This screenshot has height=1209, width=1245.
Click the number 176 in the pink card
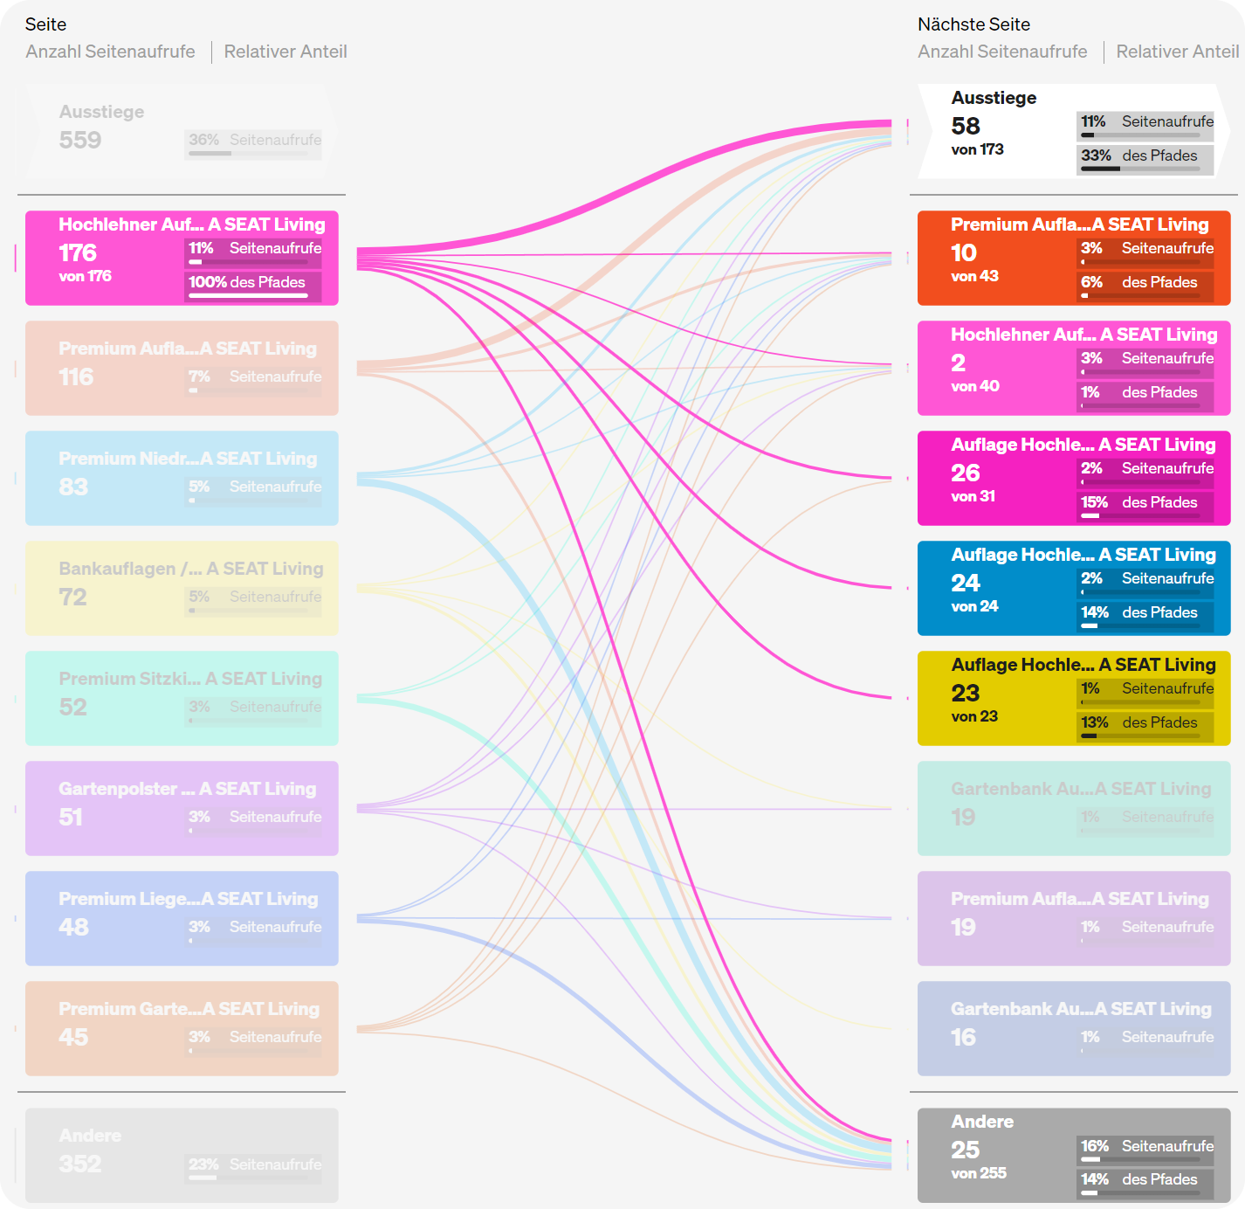(x=78, y=253)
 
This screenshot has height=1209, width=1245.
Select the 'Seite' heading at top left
(x=45, y=24)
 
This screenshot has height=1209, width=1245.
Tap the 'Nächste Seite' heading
(x=973, y=24)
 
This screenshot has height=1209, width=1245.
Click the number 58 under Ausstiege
(x=966, y=127)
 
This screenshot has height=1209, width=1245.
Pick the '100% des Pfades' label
(x=247, y=282)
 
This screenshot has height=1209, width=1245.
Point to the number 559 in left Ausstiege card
(x=80, y=141)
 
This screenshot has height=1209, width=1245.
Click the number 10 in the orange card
(x=964, y=253)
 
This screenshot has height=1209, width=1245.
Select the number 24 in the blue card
(x=966, y=583)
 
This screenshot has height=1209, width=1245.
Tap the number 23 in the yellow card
(x=966, y=694)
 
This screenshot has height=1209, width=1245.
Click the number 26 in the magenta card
(x=966, y=473)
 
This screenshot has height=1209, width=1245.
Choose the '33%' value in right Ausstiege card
(x=1096, y=155)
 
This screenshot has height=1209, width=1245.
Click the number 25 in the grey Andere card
(x=966, y=1150)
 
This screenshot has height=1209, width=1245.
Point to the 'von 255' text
(x=979, y=1173)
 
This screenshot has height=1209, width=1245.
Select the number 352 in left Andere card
(x=80, y=1164)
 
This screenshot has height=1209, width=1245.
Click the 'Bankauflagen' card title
(x=117, y=569)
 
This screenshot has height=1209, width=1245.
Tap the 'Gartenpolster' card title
(x=118, y=789)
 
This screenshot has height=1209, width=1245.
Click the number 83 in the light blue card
(x=74, y=487)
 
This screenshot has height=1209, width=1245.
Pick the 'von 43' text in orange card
(x=974, y=276)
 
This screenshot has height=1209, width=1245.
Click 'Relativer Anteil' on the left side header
(x=285, y=52)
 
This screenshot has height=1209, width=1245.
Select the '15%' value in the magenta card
(x=1094, y=502)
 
